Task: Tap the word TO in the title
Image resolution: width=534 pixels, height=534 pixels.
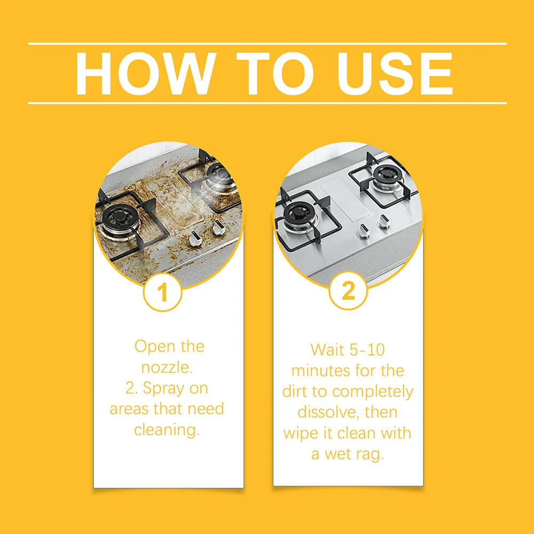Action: click(275, 73)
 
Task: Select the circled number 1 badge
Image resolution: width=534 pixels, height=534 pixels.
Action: click(163, 292)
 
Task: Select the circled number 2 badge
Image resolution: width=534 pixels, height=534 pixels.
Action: click(348, 291)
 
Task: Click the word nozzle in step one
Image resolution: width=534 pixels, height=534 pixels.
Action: click(167, 368)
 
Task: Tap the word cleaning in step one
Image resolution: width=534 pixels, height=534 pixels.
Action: click(166, 429)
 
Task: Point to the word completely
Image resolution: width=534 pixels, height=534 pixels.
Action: click(373, 392)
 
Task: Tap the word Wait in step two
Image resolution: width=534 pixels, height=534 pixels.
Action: click(327, 350)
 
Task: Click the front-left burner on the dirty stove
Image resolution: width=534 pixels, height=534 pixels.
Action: click(121, 218)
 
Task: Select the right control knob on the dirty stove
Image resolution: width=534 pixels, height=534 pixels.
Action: click(217, 227)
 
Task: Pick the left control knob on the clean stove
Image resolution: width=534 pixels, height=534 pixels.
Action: click(362, 232)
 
